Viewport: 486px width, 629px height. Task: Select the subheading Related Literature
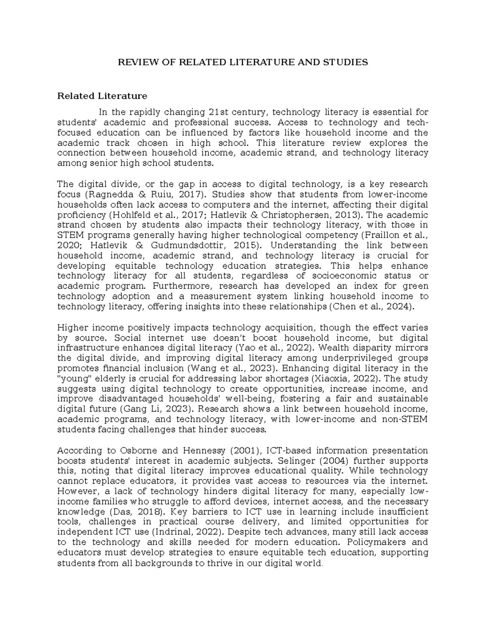(102, 96)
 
